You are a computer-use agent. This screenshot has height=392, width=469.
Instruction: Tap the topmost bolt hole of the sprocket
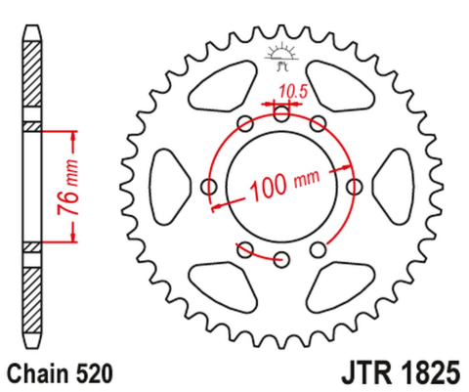coord(281,113)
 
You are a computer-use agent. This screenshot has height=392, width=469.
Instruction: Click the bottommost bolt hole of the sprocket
coord(281,259)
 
